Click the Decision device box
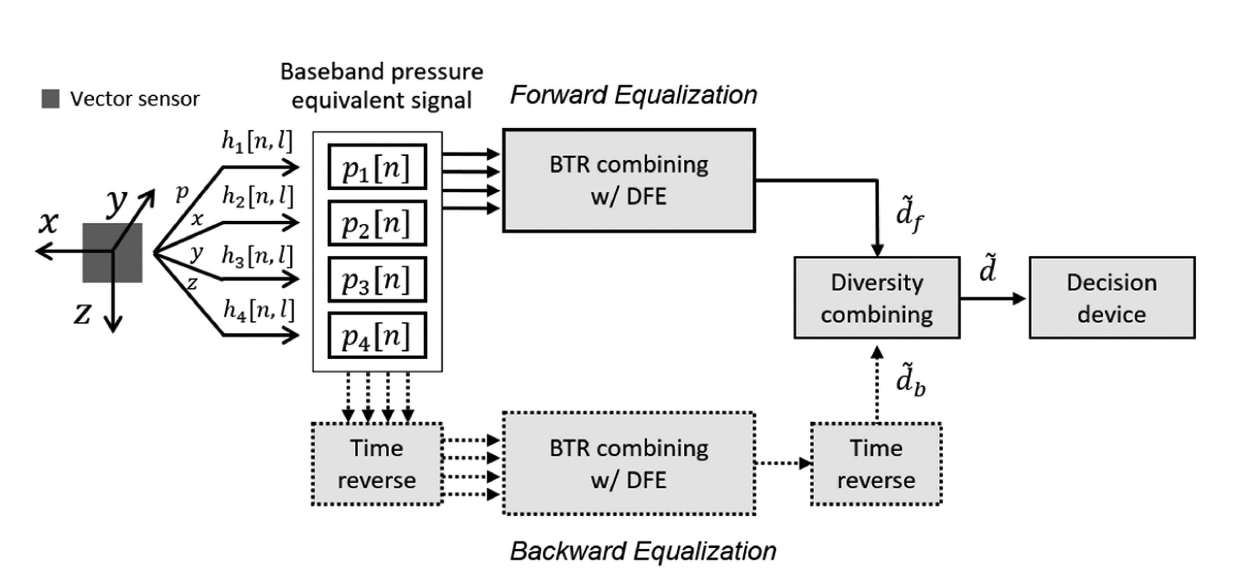[1112, 298]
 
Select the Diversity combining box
[877, 298]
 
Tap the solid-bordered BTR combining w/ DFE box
[629, 181]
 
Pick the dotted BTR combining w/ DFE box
[629, 464]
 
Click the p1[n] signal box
[377, 166]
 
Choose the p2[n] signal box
[377, 223]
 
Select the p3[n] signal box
[377, 279]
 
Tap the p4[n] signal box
[377, 336]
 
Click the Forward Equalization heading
[634, 95]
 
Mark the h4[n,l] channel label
[259, 310]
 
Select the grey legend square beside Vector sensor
[50, 99]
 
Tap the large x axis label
[49, 223]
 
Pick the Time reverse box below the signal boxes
[377, 464]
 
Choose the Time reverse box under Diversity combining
[876, 464]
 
